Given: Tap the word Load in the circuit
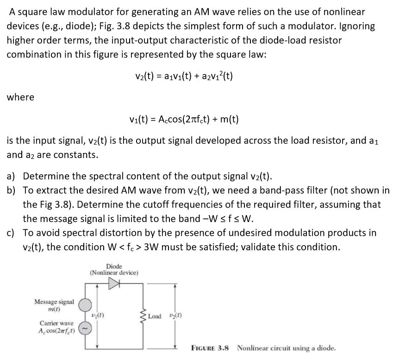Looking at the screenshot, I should [x=156, y=316].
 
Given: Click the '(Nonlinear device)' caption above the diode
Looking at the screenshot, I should [x=114, y=272].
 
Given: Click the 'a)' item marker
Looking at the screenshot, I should [x=11, y=176].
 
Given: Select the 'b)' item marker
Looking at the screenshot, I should [x=11, y=190].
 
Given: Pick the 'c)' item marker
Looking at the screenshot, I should [x=11, y=233].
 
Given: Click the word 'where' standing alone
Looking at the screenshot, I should [x=20, y=97].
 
